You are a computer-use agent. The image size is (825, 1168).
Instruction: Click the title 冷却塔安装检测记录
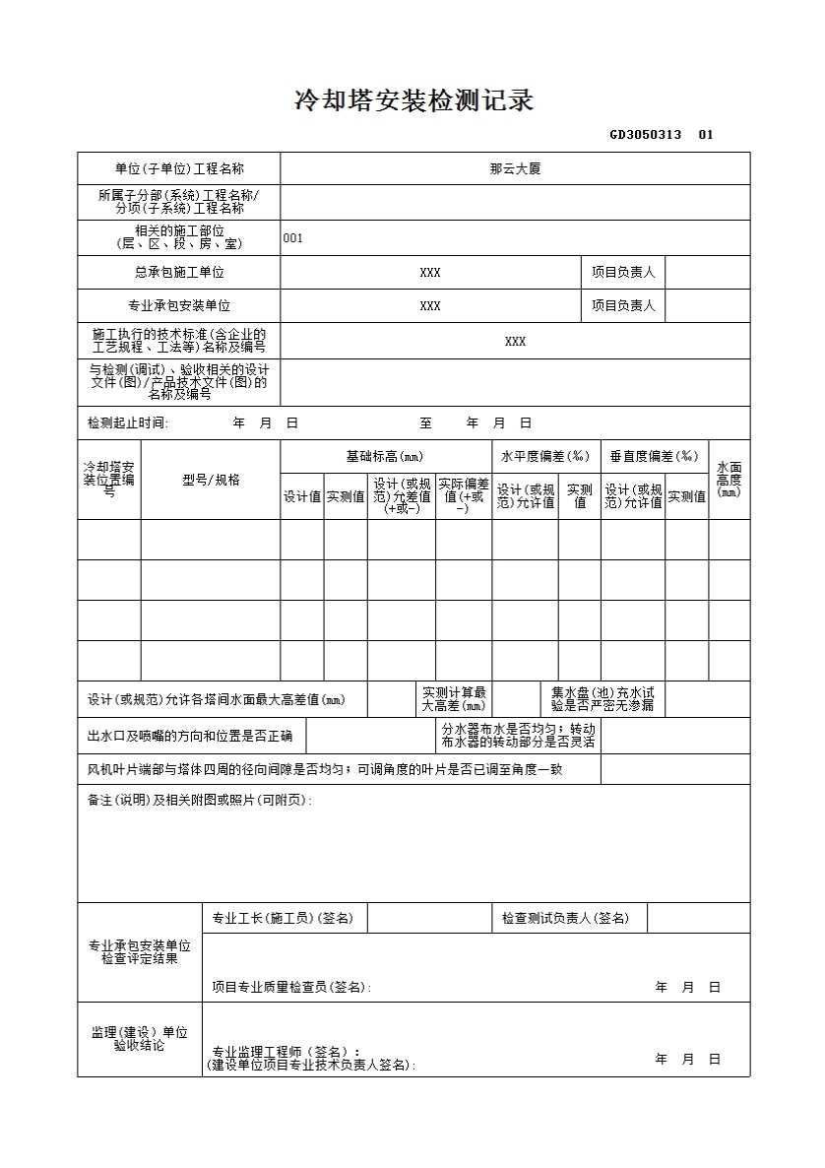pos(413,100)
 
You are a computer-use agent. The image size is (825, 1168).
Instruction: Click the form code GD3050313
pos(645,135)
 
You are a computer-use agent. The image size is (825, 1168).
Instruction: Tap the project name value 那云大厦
pos(515,168)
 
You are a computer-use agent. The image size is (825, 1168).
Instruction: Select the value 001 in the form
pos(293,237)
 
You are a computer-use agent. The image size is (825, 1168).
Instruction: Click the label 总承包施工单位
pos(179,272)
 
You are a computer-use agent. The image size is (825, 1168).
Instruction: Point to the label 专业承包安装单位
pos(179,305)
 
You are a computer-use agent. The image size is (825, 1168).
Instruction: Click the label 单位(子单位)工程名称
pos(179,168)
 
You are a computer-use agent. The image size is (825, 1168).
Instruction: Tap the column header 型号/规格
pos(211,480)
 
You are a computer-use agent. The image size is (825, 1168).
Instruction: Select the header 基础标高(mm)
pos(385,456)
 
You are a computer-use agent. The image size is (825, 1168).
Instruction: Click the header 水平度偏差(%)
pos(545,456)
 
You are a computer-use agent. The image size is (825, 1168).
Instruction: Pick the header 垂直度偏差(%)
pos(654,456)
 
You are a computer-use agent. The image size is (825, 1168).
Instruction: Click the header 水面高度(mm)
pos(730,480)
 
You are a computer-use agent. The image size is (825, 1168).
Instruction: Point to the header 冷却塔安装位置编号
pos(109,479)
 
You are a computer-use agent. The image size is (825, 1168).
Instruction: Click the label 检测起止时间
pos(128,422)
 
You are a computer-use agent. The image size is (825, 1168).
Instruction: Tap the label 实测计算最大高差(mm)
pos(454,699)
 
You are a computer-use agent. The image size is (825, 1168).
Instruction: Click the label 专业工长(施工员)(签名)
pos(283,918)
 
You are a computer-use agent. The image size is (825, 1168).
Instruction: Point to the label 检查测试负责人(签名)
pos(565,918)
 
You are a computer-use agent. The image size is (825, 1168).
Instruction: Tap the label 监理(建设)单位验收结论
pos(140,1038)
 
